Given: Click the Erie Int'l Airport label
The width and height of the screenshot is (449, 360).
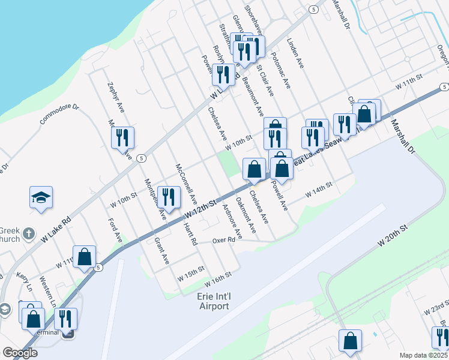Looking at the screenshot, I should [205, 301].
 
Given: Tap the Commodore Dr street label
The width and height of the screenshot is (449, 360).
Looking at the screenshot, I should [59, 115].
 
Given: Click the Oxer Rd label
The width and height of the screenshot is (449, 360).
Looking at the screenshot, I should [223, 240].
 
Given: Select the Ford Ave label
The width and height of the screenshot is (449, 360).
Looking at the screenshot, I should [115, 230].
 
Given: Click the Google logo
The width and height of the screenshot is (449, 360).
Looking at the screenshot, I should [20, 353].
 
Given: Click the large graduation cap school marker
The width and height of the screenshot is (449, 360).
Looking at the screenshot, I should [41, 197].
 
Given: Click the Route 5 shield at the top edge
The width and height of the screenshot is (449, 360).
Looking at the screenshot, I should [313, 10].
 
